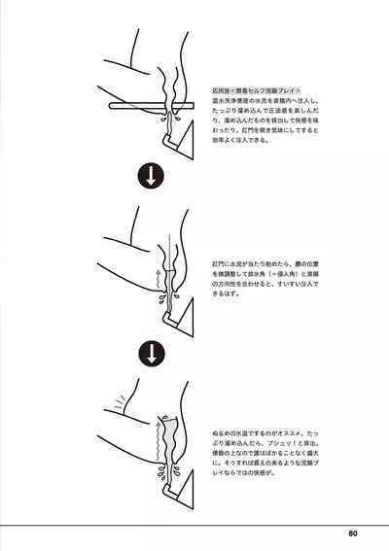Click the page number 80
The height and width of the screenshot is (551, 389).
coord(352,533)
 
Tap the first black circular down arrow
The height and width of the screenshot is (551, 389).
coord(153,178)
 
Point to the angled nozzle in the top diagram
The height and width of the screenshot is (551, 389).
coord(175,141)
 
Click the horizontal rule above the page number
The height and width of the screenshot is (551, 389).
coord(194,524)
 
